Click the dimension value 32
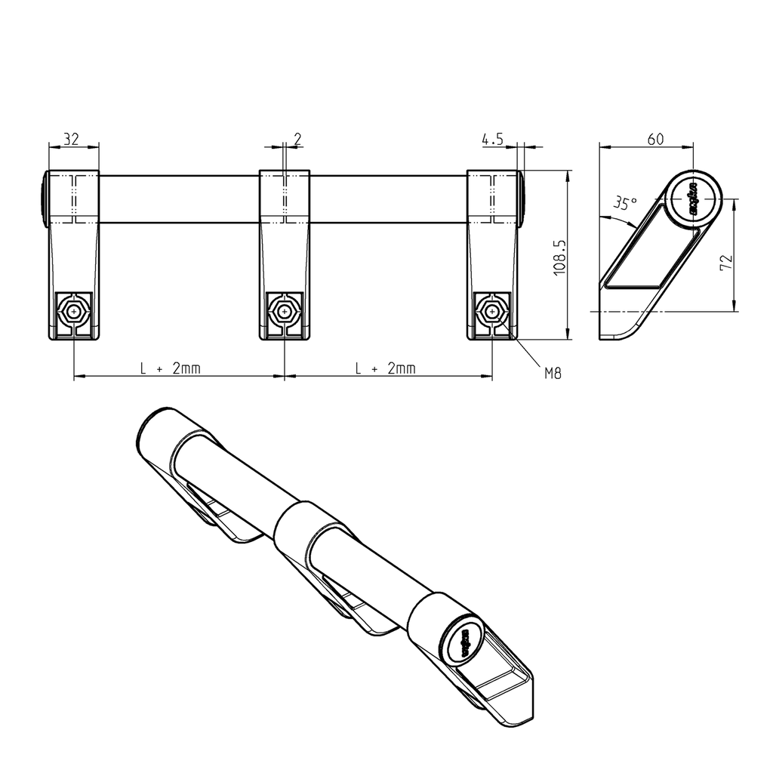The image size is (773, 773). pos(71,138)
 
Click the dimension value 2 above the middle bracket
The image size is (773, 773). pos(297,138)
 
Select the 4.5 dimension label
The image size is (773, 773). pos(492,138)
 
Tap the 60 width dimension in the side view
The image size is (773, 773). pos(655,138)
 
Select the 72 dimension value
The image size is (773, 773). pos(726,262)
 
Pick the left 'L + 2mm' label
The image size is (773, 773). pos(171,368)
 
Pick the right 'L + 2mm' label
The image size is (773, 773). pos(386,368)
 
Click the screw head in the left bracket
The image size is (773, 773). pos(74,311)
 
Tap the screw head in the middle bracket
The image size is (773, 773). pos(284,311)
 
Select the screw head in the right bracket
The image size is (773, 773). pos(492,311)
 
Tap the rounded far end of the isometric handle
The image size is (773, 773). pos(155,430)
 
